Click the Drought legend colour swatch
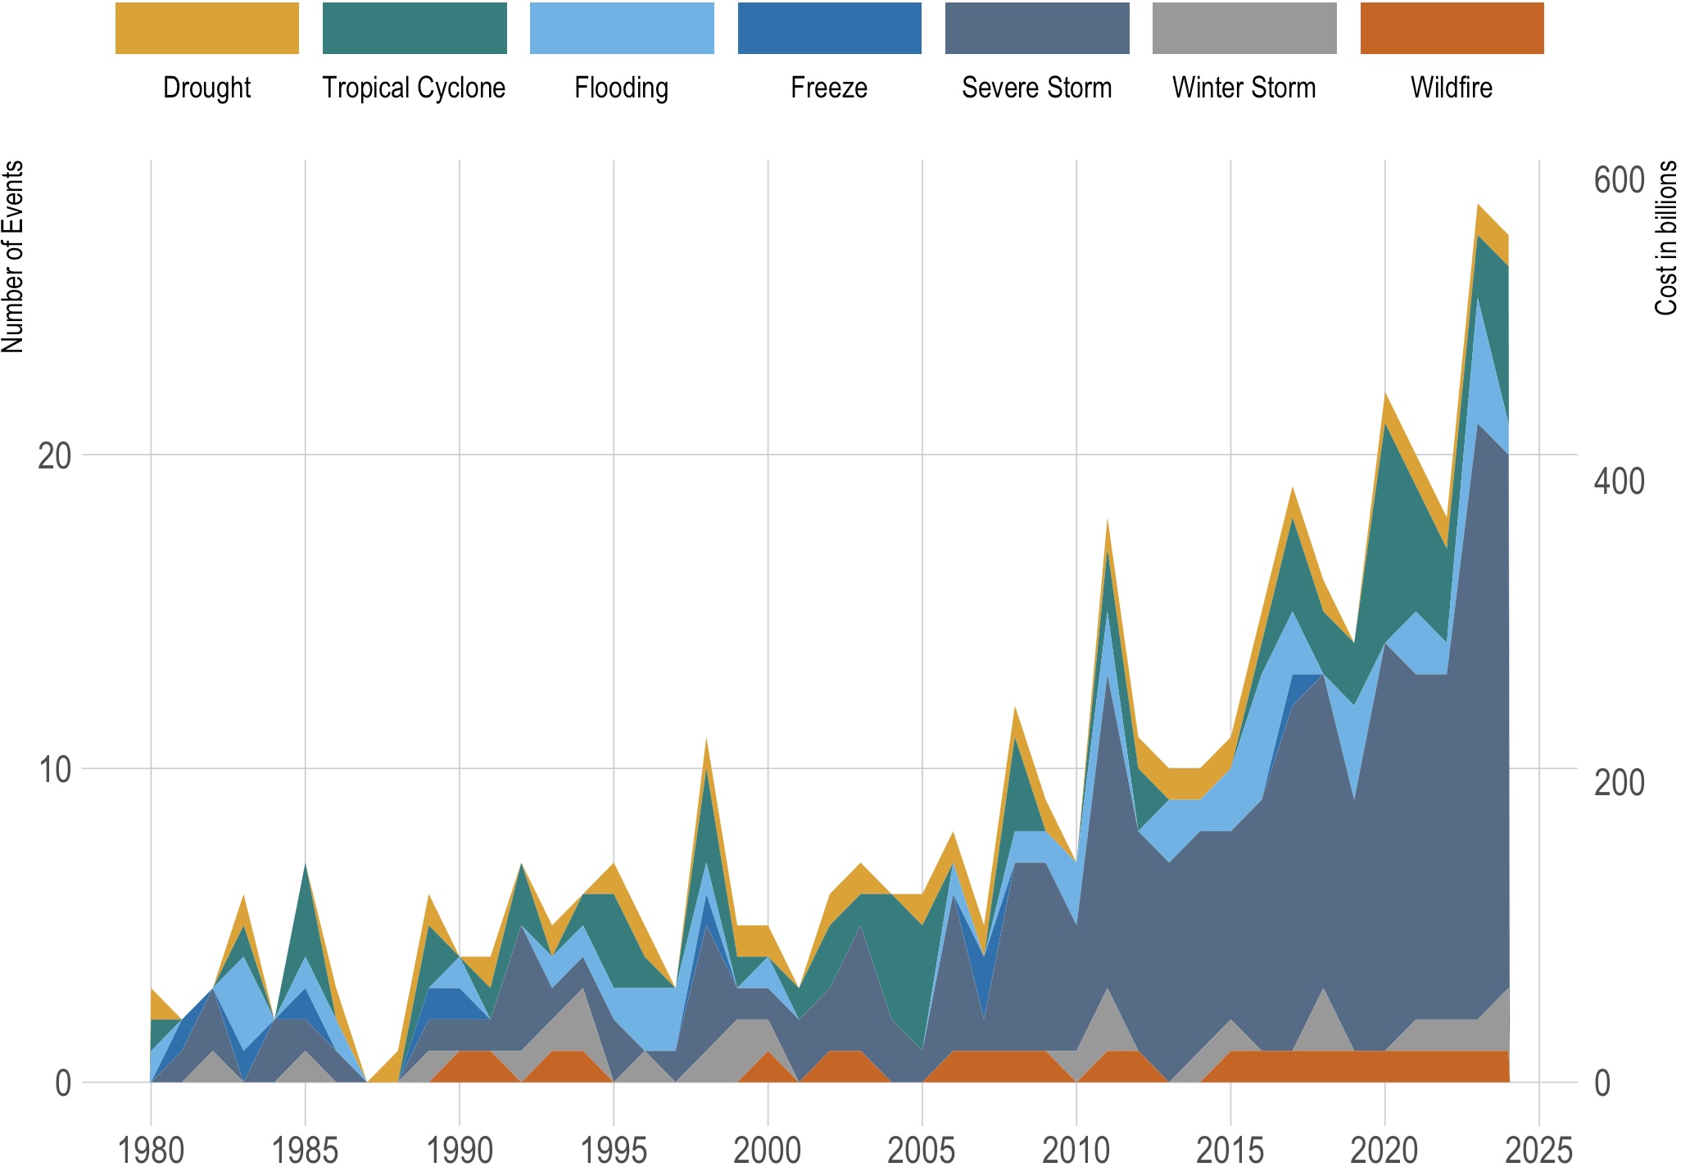(206, 29)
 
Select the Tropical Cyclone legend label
(414, 88)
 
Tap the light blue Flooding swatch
(622, 29)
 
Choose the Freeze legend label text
(829, 88)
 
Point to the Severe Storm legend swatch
(1037, 29)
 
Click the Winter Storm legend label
(1244, 88)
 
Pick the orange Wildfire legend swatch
(1452, 29)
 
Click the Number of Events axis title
(13, 256)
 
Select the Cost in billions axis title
(1666, 237)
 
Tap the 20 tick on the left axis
(54, 456)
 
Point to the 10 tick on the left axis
(54, 770)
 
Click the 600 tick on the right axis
(1619, 180)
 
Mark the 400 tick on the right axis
(1619, 482)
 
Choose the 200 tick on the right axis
(1619, 783)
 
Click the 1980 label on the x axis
(151, 1150)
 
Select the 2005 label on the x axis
(922, 1150)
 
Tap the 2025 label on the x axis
(1538, 1150)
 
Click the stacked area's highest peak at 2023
(1478, 206)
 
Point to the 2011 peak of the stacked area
(1108, 519)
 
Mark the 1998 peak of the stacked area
(706, 740)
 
